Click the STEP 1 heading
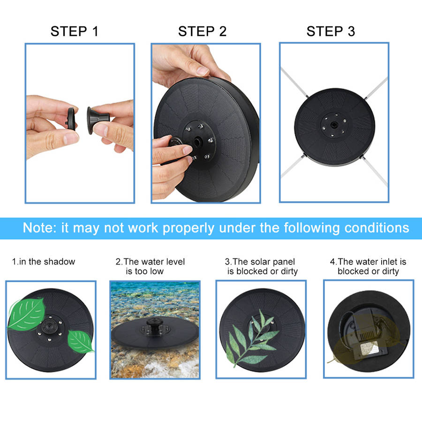[x=74, y=31]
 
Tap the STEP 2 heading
[x=203, y=31]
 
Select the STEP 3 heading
[x=331, y=31]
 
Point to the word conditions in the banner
[x=377, y=228]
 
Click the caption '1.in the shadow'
[x=44, y=262]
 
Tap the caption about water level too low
[x=150, y=266]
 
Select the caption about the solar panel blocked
[x=261, y=266]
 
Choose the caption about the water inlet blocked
[x=368, y=266]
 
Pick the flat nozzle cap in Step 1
[x=71, y=119]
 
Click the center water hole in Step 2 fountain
[x=198, y=141]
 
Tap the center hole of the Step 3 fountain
[x=334, y=125]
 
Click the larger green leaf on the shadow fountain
[x=26, y=314]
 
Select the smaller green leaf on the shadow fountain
[x=80, y=341]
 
